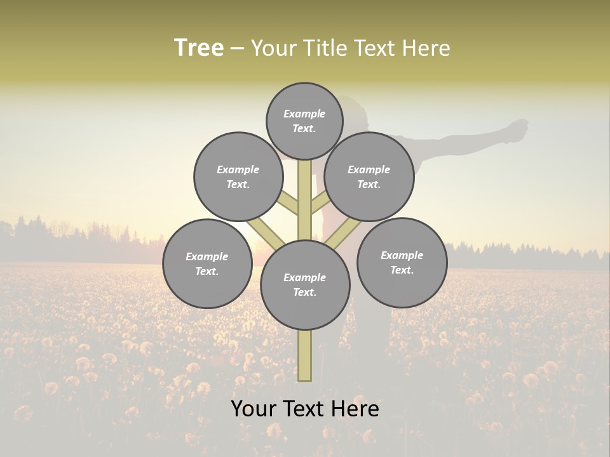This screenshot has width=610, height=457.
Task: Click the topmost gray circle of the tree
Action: (304, 121)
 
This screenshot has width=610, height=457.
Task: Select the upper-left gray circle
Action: (238, 176)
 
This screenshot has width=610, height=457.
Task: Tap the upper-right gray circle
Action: (369, 176)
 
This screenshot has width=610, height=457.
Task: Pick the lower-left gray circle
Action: (207, 263)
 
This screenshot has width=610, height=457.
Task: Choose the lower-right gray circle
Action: (402, 262)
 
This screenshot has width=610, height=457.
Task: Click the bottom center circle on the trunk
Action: (305, 285)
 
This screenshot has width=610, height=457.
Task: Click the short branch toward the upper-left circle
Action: (289, 203)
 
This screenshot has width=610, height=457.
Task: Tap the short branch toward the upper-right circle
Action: (320, 203)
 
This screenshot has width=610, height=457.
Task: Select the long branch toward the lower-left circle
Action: (265, 233)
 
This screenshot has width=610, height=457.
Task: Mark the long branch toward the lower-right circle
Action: (343, 234)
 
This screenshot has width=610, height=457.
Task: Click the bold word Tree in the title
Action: (199, 48)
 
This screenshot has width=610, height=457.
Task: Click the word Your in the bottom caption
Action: (252, 408)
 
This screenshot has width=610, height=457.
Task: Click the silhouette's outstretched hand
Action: (518, 128)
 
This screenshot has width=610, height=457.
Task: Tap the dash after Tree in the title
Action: (238, 48)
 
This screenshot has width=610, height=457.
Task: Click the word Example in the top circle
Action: (304, 114)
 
